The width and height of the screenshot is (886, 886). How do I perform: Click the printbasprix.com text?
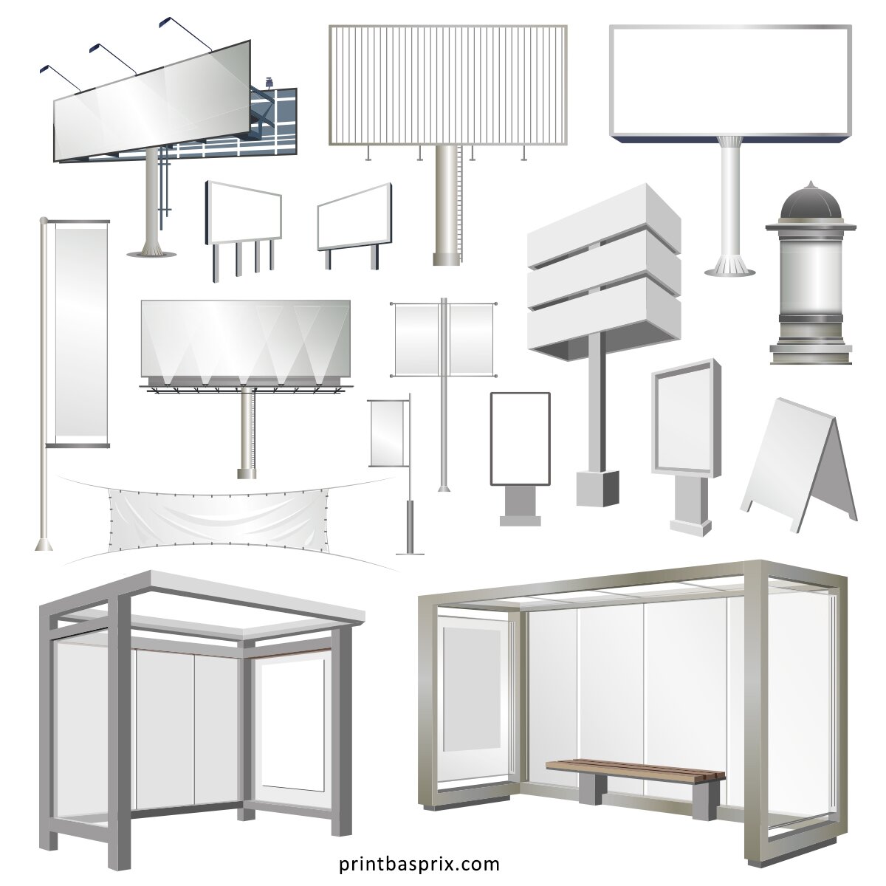[x=419, y=864]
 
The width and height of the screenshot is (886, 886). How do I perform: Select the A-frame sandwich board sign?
[x=798, y=465]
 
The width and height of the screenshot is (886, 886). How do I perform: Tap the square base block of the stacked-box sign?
[x=597, y=488]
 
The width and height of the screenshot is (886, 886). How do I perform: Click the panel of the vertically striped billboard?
[x=448, y=85]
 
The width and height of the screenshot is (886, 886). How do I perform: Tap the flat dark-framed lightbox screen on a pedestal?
[x=520, y=439]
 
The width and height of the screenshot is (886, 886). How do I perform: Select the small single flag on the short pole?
[x=386, y=433]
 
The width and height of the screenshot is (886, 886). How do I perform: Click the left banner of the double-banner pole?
[x=416, y=340]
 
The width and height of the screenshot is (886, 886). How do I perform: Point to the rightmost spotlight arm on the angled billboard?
[x=185, y=33]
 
